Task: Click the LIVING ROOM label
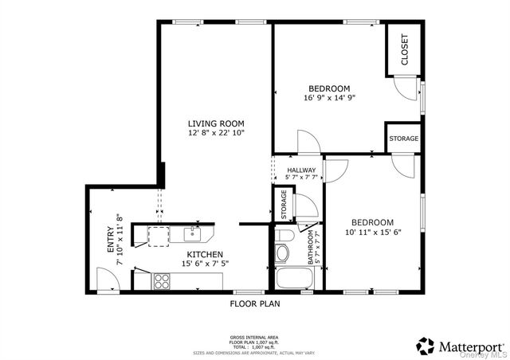point(216,123)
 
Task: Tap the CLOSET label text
point(404,49)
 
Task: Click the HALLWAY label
point(300,170)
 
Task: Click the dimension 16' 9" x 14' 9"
point(329,98)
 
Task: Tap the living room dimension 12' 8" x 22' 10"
point(216,133)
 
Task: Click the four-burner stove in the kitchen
point(161,280)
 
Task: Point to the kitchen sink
point(192,233)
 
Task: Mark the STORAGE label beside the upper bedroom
point(403,139)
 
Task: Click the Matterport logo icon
point(426,346)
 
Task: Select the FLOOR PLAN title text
point(255,303)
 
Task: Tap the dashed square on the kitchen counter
point(158,233)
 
